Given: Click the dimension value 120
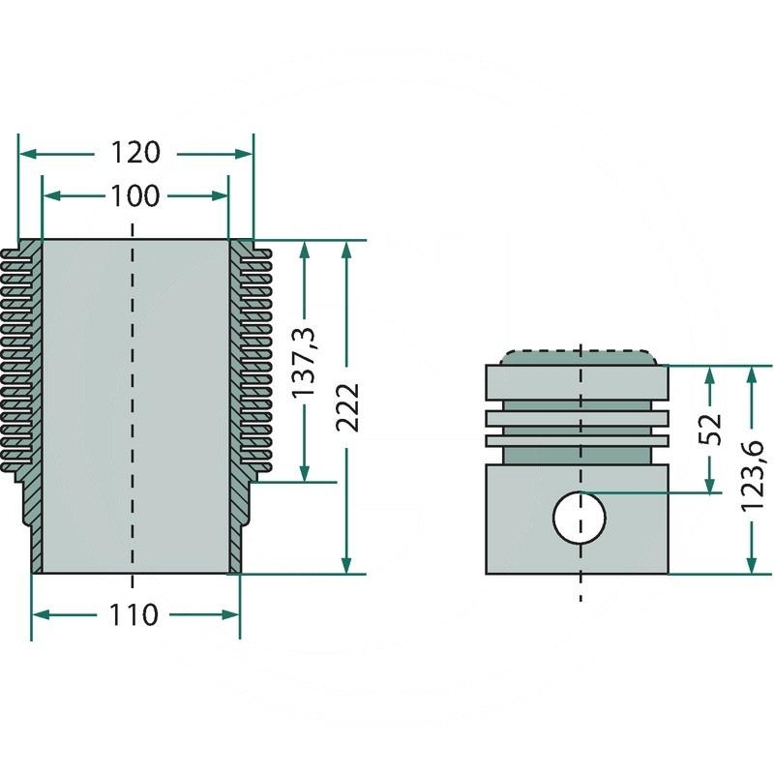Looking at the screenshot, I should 134,153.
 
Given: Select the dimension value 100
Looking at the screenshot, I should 134,196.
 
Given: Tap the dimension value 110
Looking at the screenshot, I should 134,614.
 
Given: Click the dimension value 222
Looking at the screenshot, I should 348,406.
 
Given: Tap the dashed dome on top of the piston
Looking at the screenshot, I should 578,355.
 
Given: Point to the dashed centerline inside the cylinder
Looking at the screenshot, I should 133,406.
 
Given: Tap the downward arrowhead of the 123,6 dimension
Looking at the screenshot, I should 752,565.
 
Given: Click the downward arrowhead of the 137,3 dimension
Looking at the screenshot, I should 306,473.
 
